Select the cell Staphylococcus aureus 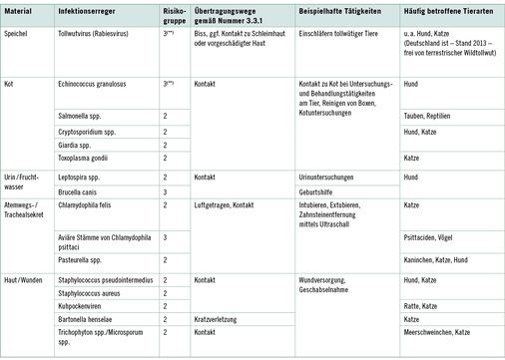[93, 294]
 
